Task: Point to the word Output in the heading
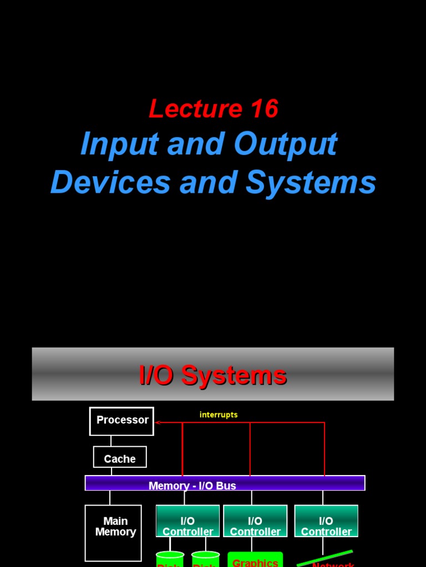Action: [285, 145]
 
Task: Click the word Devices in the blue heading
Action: [110, 182]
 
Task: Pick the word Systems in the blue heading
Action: [311, 182]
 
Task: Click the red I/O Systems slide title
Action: [212, 375]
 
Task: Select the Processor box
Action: [121, 421]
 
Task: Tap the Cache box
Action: [120, 458]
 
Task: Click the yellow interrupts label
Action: [219, 415]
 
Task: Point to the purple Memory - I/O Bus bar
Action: [225, 483]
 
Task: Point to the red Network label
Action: [333, 564]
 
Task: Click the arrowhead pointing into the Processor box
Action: [158, 422]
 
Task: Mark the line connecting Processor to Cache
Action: [111, 441]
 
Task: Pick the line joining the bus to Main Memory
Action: [110, 497]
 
